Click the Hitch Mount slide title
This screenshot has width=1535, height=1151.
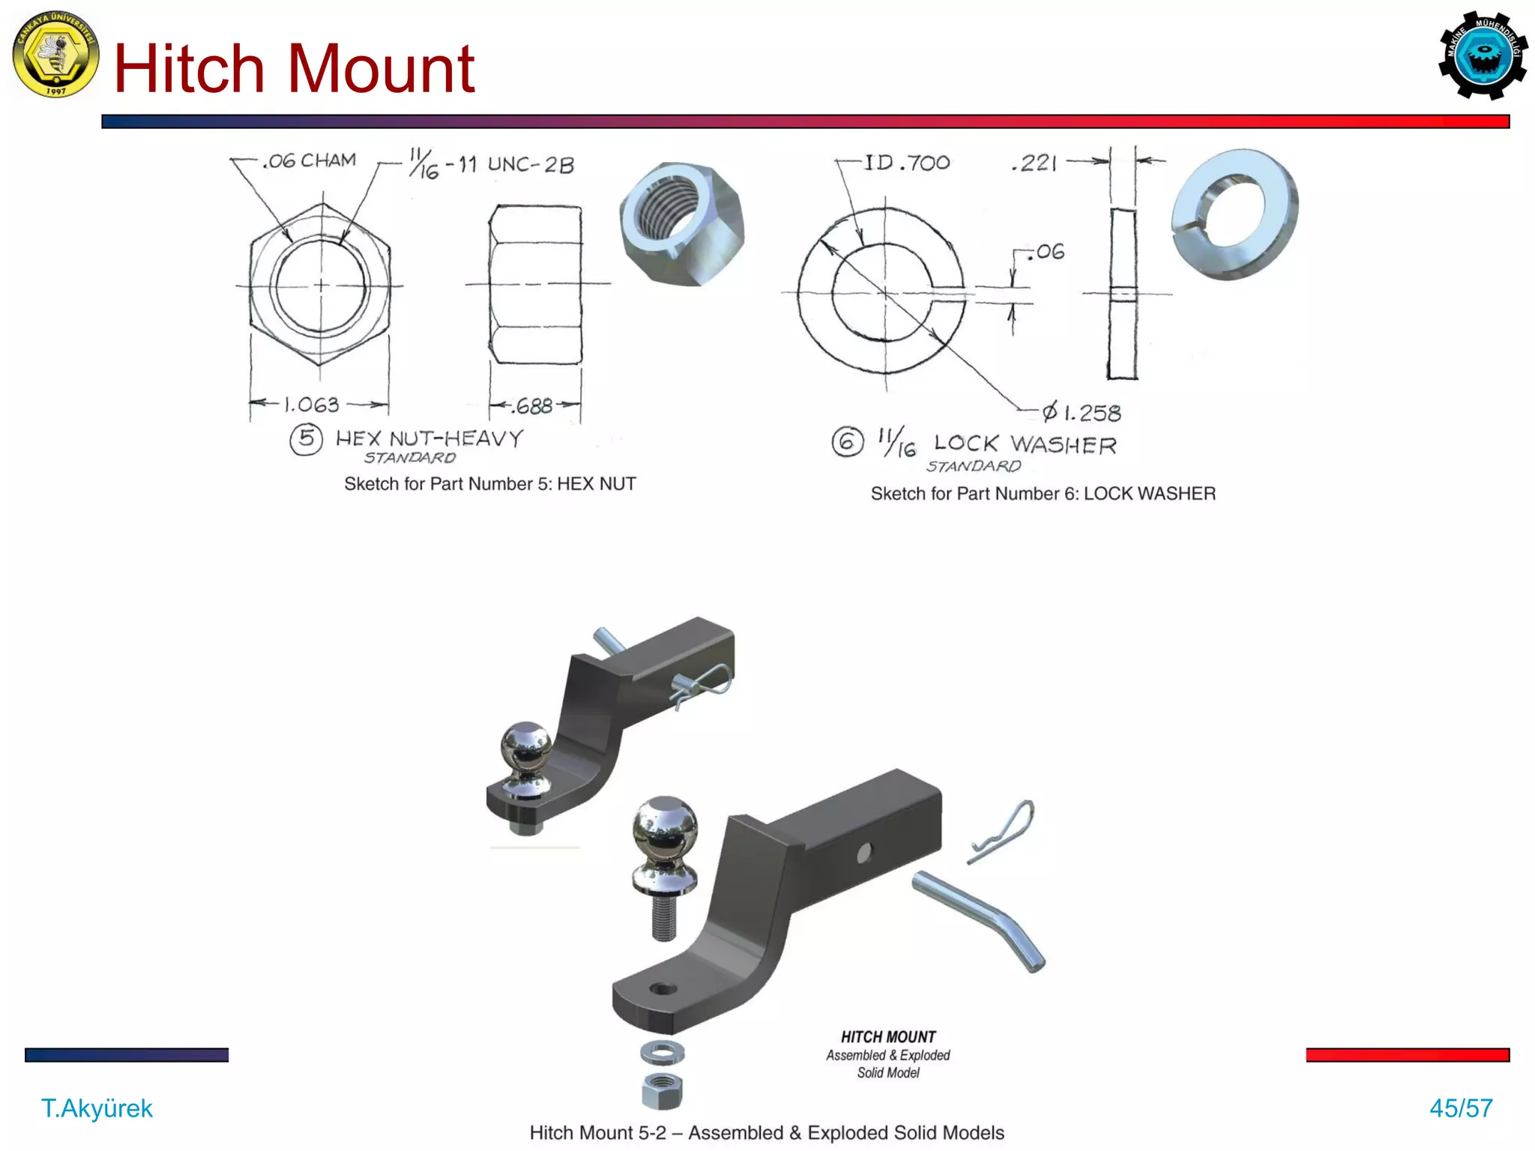click(294, 69)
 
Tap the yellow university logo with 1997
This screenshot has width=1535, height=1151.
click(55, 54)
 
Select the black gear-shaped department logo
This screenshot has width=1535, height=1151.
click(1483, 55)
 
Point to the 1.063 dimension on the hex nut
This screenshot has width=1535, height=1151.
click(311, 405)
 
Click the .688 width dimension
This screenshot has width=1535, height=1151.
click(534, 406)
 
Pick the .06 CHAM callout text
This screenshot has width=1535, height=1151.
click(310, 160)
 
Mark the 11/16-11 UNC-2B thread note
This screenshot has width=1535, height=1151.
click(492, 163)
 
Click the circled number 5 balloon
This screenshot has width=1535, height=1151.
click(306, 439)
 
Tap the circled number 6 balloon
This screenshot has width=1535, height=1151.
click(847, 442)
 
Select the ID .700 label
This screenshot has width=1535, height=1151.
click(907, 163)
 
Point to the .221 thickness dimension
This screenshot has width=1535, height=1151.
click(1034, 163)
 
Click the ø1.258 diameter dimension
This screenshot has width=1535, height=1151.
click(1082, 413)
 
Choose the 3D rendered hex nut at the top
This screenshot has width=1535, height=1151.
click(681, 223)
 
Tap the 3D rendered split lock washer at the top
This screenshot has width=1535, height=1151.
click(1234, 214)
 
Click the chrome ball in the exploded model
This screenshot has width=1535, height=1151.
click(665, 827)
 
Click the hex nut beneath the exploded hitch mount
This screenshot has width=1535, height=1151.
click(663, 1090)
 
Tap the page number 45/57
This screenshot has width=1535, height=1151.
click(1461, 1108)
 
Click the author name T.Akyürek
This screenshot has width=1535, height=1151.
click(97, 1108)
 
